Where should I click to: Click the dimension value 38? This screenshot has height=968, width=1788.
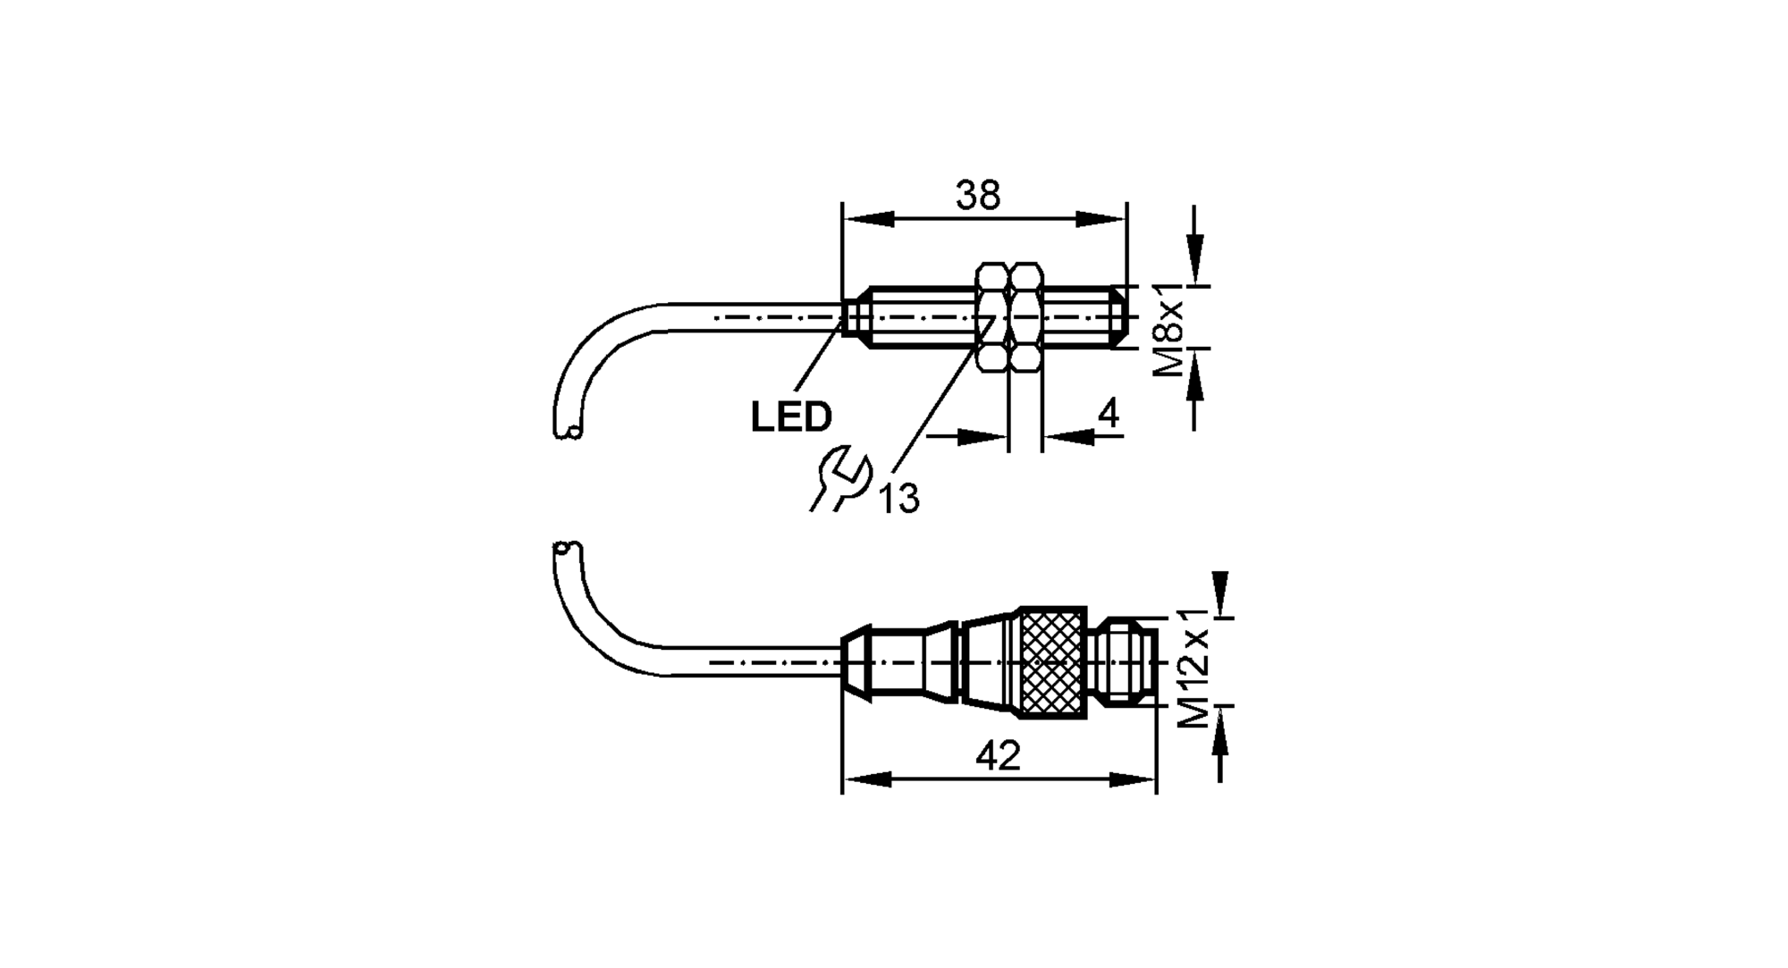pos(978,196)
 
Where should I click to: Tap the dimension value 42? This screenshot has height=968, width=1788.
pos(999,757)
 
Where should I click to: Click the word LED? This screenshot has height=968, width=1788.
pos(791,417)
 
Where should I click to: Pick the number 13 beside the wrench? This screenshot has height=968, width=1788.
pos(898,499)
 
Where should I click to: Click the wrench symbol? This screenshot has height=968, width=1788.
pos(840,481)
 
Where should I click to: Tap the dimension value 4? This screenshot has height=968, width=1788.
pos(1108,414)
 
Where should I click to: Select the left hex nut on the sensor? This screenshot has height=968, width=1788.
pos(993,316)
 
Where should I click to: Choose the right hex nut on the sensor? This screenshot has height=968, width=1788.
pos(1026,316)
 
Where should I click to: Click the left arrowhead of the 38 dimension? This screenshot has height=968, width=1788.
pos(868,219)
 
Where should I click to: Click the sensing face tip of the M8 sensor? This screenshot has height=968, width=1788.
pos(1124,316)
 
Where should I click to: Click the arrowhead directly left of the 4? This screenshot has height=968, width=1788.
pos(983,436)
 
